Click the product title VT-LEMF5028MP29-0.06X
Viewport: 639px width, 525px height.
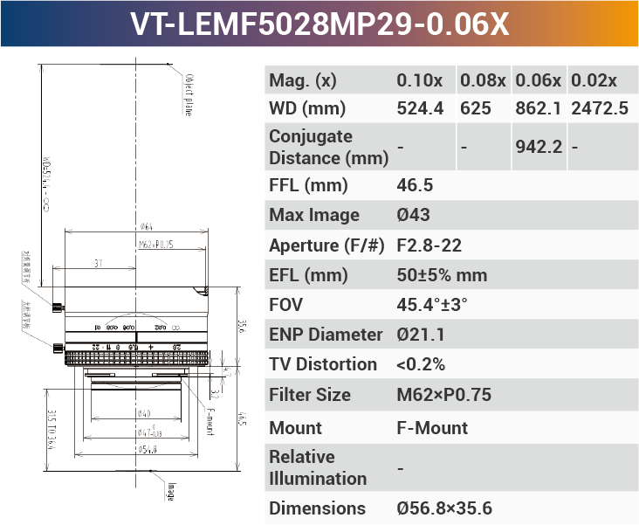pos(319,24)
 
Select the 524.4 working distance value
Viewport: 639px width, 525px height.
pos(420,109)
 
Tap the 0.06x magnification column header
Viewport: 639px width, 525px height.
pos(538,80)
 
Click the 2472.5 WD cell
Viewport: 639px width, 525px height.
pos(599,109)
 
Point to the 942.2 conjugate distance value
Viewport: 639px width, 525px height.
pos(538,147)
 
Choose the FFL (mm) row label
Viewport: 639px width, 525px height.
pos(308,185)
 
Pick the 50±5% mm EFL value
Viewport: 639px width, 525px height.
pos(442,275)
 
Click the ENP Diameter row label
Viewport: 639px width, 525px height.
pos(326,335)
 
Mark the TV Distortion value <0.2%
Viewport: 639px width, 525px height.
pos(421,364)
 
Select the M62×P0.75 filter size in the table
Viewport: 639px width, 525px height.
pos(443,395)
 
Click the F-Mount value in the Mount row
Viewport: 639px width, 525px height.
pos(432,428)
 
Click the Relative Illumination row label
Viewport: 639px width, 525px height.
pos(318,467)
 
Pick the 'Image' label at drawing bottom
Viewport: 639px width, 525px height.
pos(171,492)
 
